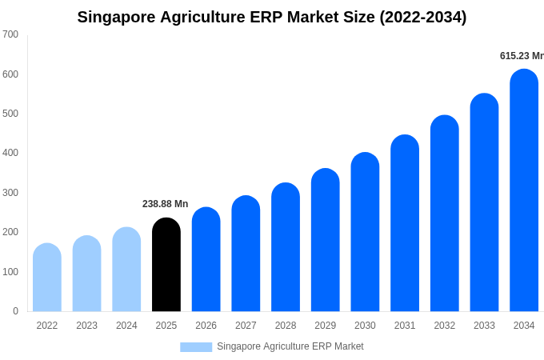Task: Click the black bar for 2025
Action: (166, 265)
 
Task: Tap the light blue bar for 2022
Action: (47, 278)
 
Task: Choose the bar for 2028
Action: (286, 247)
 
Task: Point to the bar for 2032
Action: (445, 214)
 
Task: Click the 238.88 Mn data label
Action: (166, 204)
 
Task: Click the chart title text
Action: (272, 17)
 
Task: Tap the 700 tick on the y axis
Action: (10, 34)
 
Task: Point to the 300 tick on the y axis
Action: (10, 193)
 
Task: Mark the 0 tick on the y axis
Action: (15, 311)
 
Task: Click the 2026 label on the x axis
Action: (206, 326)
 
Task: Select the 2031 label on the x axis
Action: (405, 326)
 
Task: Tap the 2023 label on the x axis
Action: (87, 326)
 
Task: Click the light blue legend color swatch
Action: (196, 347)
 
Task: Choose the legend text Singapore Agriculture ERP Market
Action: (290, 346)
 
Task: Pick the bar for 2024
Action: (126, 270)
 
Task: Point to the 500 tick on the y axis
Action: (10, 114)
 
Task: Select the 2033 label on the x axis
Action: (484, 326)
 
